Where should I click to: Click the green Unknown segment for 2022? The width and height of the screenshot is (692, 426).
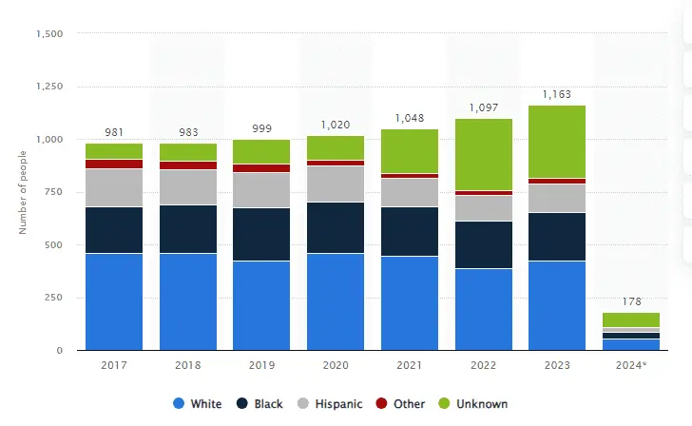[x=483, y=154]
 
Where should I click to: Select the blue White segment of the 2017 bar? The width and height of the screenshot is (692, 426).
[x=114, y=301]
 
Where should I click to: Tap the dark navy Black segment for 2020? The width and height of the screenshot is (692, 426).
[x=336, y=227]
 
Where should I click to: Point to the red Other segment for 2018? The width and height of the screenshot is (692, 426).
[x=188, y=165]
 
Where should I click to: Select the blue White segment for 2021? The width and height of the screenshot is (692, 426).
[x=410, y=303]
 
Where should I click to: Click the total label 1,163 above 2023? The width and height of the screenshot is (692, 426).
[x=557, y=94]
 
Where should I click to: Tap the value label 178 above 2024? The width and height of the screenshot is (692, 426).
[x=631, y=302]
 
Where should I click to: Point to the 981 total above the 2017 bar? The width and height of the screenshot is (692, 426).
[x=114, y=132]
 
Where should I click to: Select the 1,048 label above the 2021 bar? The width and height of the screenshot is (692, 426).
[x=410, y=118]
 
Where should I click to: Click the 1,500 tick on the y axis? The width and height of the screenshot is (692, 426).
[x=48, y=34]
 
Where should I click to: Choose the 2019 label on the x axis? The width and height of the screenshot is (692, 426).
[x=261, y=363]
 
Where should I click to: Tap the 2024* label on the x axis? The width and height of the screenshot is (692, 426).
[x=631, y=363]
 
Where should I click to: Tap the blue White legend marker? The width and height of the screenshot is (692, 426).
[x=179, y=404]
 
